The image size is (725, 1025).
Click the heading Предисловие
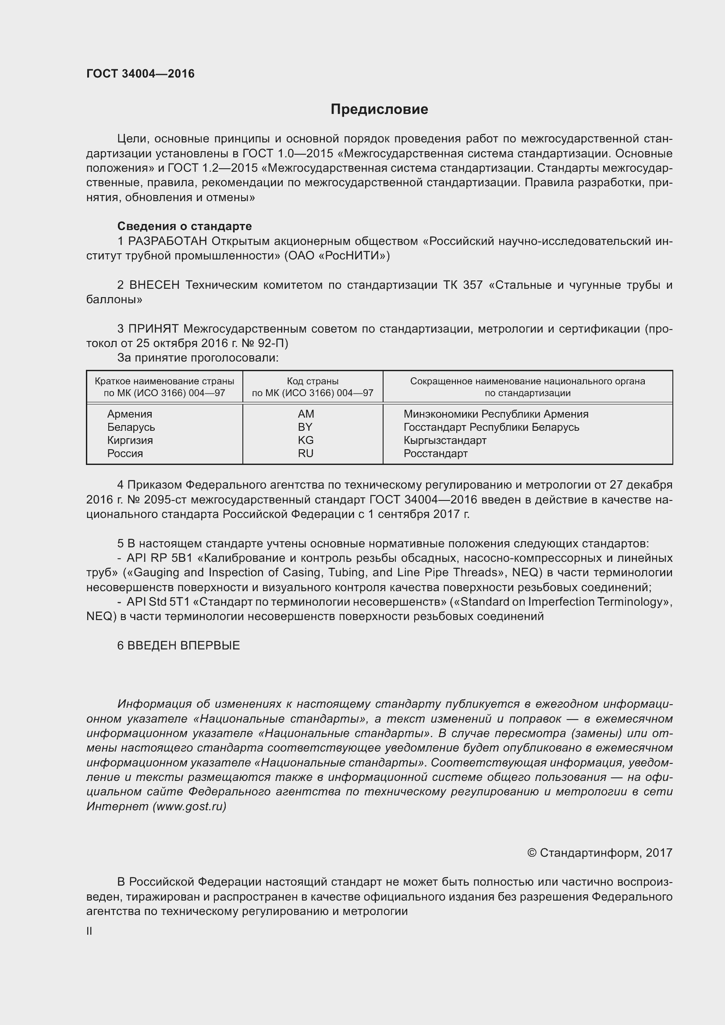379,110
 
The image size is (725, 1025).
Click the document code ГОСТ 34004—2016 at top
140,74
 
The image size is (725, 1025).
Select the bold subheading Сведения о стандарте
185,226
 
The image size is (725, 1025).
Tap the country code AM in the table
306,414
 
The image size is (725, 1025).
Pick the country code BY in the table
305,427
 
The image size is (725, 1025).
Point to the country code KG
306,440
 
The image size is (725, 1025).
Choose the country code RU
306,453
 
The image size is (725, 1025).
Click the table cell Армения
129,414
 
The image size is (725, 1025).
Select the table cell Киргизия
129,440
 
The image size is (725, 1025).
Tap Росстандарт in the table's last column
435,453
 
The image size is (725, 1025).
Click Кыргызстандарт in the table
444,440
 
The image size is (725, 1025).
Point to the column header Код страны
313,381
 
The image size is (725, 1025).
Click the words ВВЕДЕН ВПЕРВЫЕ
184,646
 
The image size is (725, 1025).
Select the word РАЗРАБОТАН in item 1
167,241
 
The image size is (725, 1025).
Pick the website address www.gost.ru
189,806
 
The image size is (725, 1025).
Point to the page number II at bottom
89,931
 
